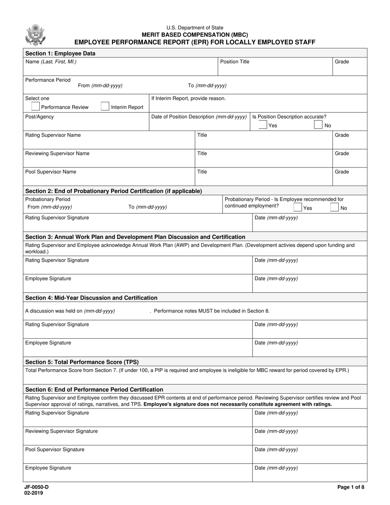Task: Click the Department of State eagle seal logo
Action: click(35, 34)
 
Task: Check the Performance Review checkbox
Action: click(36, 107)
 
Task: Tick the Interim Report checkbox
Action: click(105, 107)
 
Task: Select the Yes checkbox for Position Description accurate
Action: click(263, 125)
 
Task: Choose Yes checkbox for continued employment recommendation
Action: click(298, 208)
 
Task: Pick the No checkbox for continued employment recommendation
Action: click(335, 208)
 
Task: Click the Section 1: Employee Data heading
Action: click(60, 53)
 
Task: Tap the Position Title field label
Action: click(235, 62)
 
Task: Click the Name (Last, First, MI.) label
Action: click(51, 62)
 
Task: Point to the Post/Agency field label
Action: click(39, 117)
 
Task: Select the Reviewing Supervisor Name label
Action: click(57, 154)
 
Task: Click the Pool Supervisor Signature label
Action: click(55, 450)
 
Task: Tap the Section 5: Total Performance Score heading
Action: click(82, 362)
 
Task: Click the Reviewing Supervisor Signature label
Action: click(62, 431)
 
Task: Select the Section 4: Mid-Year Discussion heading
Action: click(91, 298)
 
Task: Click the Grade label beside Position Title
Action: click(342, 62)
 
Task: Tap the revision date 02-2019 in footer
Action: click(34, 493)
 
